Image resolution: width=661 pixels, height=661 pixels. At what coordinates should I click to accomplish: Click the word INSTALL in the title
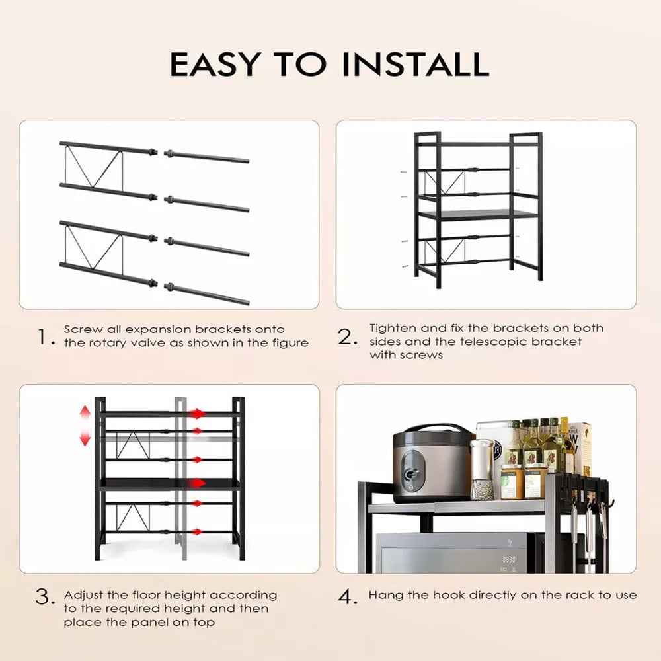416,63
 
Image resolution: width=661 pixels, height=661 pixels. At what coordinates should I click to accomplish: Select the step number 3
44,598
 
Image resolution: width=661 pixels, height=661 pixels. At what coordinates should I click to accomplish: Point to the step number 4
348,598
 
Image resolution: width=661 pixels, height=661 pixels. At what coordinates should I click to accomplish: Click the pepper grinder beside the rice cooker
483,470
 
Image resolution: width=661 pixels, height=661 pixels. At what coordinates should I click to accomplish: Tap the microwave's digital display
508,559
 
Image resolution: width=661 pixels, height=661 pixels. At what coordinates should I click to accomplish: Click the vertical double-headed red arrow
85,425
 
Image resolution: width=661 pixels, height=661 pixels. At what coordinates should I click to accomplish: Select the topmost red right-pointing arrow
198,414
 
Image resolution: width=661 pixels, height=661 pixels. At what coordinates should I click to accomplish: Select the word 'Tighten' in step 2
391,328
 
